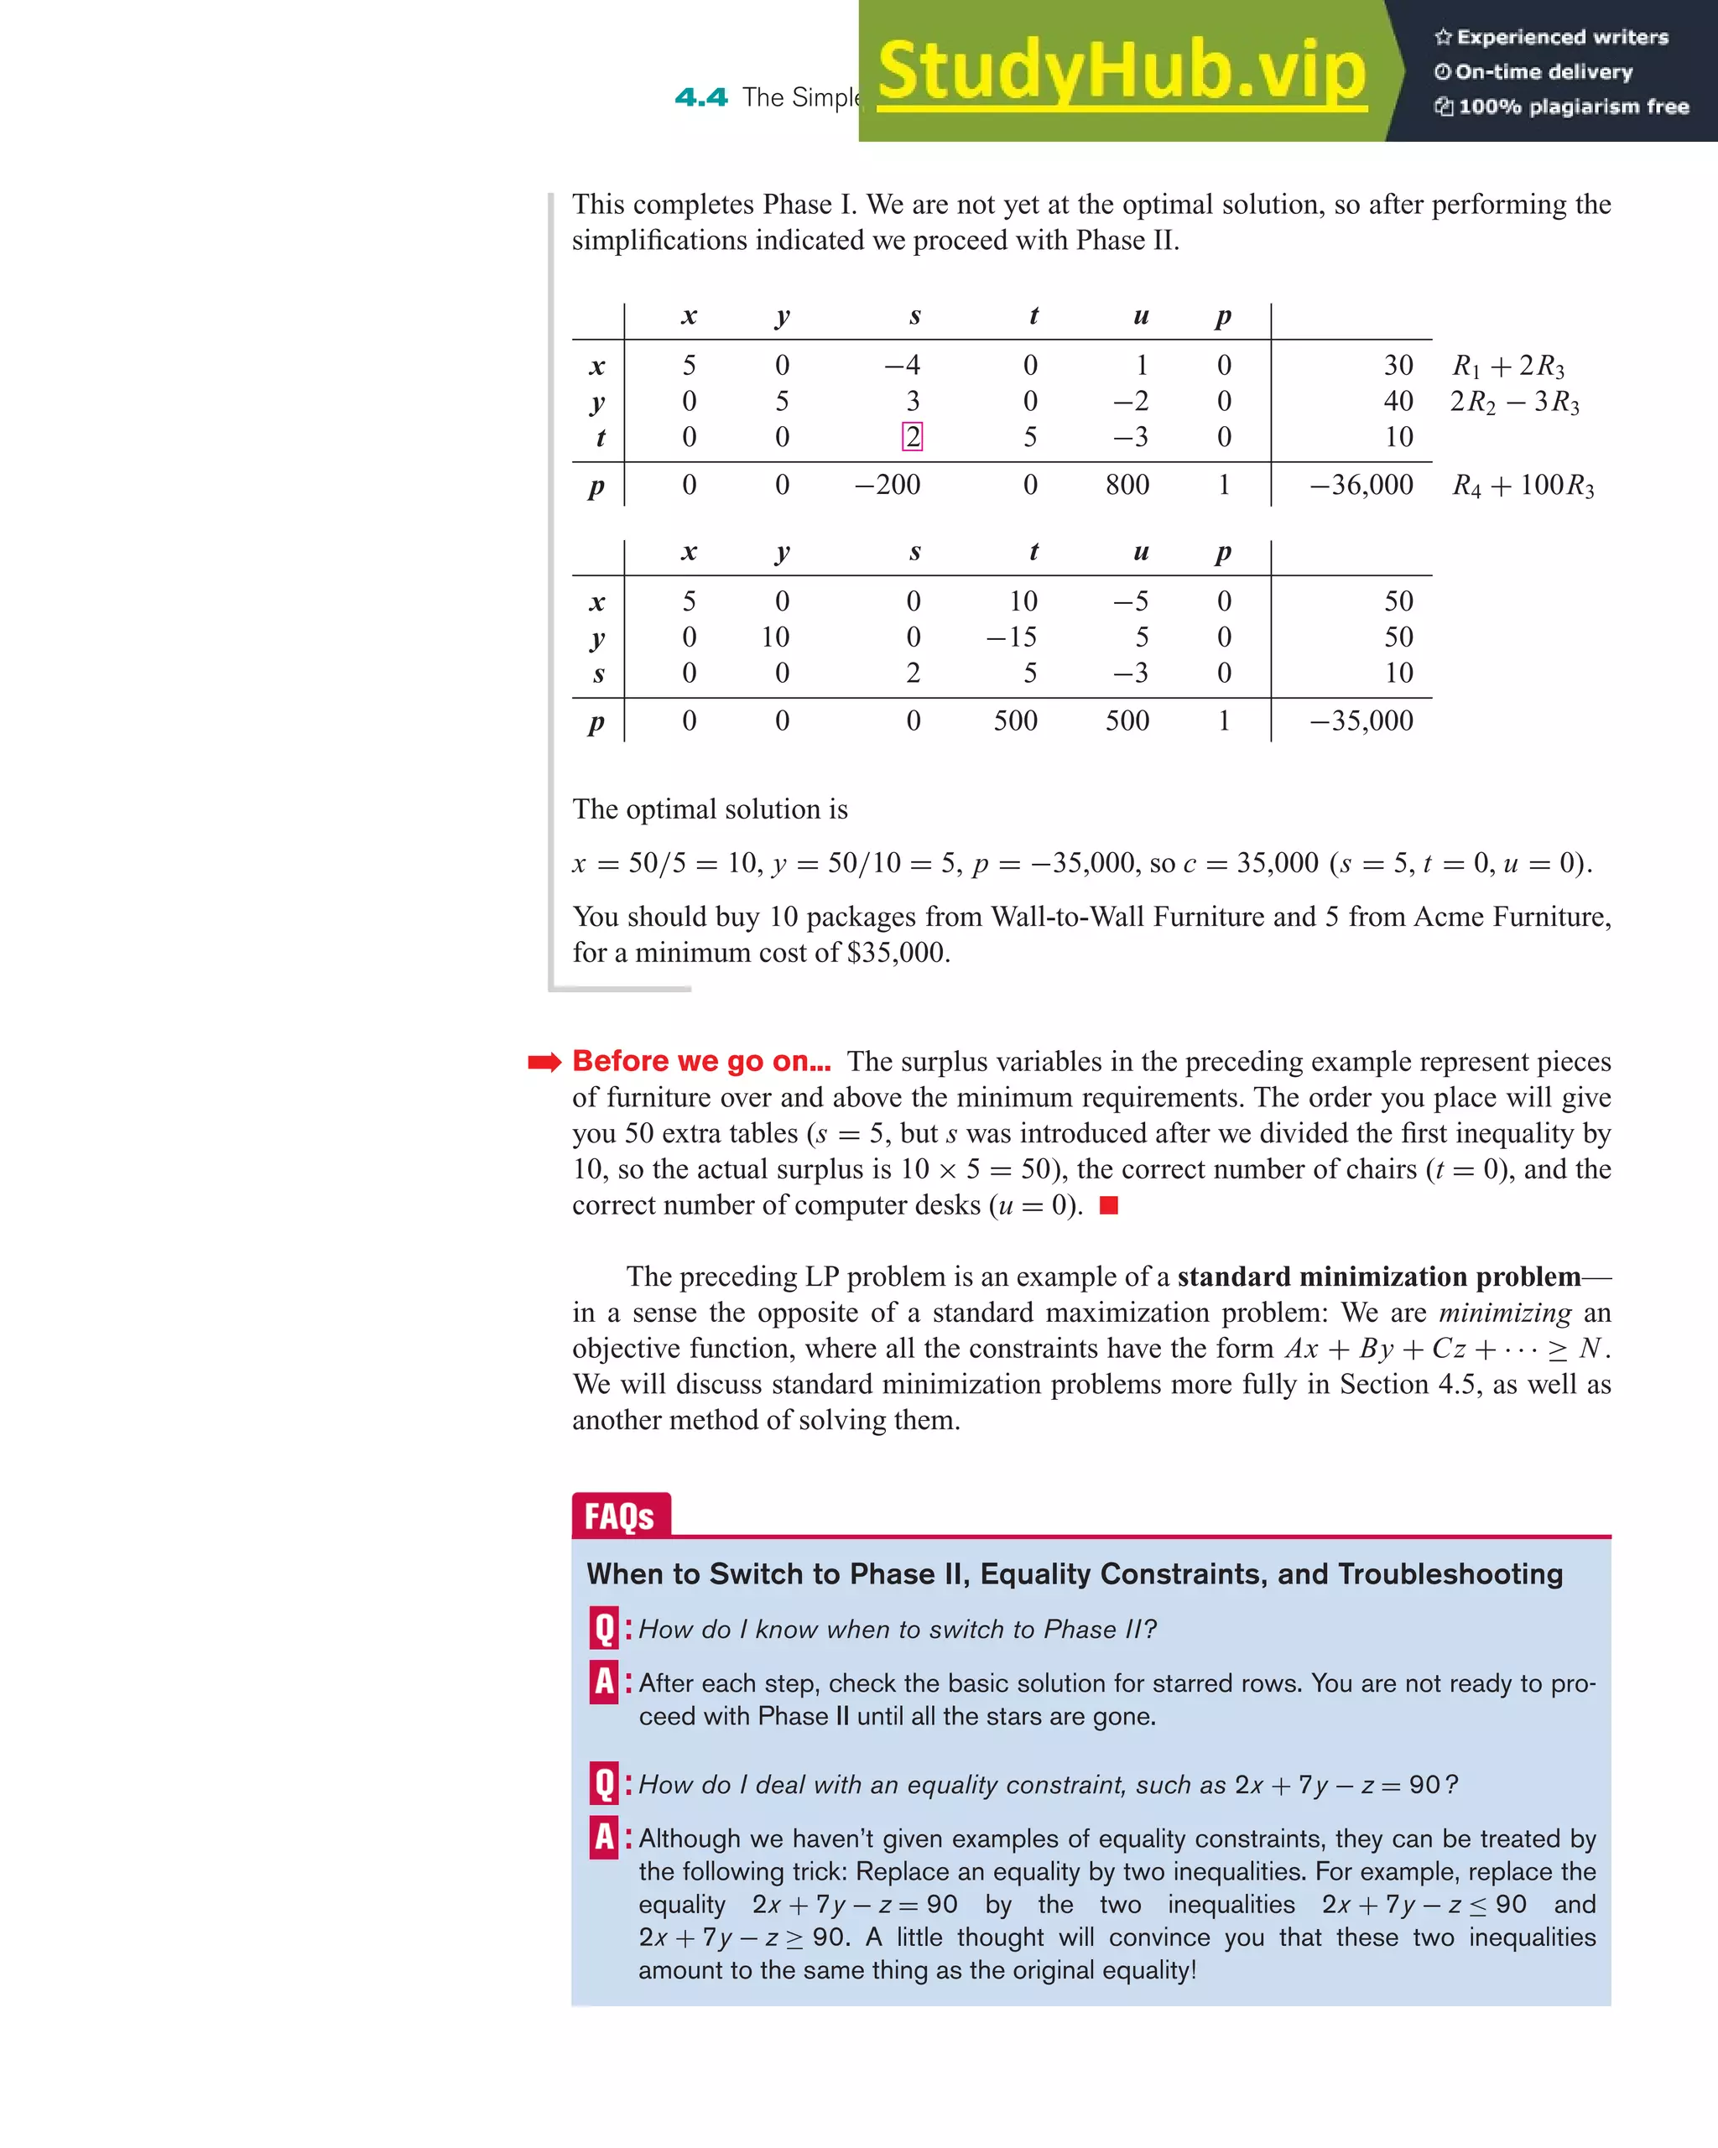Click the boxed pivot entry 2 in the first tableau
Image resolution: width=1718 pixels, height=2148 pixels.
point(912,437)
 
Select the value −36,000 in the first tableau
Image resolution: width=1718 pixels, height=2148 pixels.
point(1361,485)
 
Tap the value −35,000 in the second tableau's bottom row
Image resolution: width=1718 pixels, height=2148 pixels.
point(1361,721)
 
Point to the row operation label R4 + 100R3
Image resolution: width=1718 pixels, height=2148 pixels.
point(1523,485)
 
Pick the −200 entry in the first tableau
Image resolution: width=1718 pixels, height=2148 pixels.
point(887,485)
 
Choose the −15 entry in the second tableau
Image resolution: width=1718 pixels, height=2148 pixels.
point(1012,637)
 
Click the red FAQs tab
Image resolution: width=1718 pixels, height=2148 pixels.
point(620,1516)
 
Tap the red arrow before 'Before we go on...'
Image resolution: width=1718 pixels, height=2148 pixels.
point(544,1062)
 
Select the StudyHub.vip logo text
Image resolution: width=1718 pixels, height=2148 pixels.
point(1121,72)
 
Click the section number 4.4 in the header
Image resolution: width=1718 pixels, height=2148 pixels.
point(700,97)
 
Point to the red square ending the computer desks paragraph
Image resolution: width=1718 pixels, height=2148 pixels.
point(1108,1205)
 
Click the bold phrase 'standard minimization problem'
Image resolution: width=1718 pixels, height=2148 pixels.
point(1378,1277)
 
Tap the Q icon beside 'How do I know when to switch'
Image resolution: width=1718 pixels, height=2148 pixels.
point(604,1628)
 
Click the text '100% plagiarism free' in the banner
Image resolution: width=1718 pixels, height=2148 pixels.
point(1573,107)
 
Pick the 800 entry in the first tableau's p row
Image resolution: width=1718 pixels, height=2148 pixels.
point(1127,485)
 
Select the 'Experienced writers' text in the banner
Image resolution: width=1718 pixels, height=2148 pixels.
point(1561,37)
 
